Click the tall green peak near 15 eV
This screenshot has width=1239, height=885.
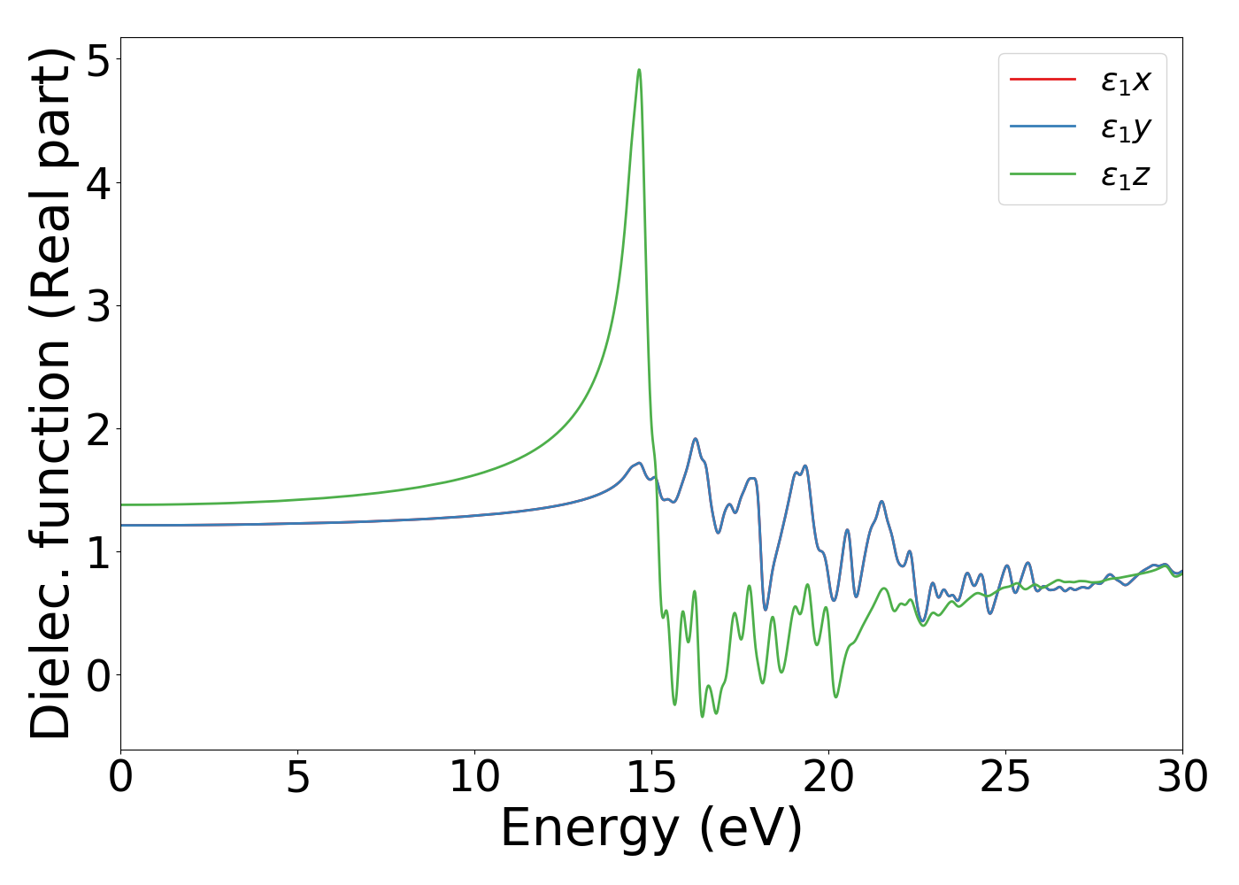click(639, 70)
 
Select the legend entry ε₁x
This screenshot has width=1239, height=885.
click(1125, 81)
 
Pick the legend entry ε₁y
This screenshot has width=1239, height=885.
click(1125, 128)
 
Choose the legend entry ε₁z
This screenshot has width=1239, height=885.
click(1125, 176)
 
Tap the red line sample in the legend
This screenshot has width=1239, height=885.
click(1043, 80)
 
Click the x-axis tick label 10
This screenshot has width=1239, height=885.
click(474, 778)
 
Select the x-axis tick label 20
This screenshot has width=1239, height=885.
click(828, 778)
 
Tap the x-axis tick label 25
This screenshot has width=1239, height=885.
click(1005, 778)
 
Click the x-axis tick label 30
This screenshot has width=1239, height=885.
click(1182, 778)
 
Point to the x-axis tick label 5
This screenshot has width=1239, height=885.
click(297, 778)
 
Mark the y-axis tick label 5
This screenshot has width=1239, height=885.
click(99, 60)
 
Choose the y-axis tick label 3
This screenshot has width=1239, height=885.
click(99, 306)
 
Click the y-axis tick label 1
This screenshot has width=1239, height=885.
click(99, 552)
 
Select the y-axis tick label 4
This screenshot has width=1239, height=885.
click(99, 183)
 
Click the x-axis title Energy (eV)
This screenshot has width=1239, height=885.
click(651, 829)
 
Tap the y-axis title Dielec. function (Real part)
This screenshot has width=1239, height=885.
click(51, 393)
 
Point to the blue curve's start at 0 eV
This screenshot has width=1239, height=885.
click(121, 525)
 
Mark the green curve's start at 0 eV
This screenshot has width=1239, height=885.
click(121, 504)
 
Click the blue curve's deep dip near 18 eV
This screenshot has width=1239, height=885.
click(766, 609)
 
